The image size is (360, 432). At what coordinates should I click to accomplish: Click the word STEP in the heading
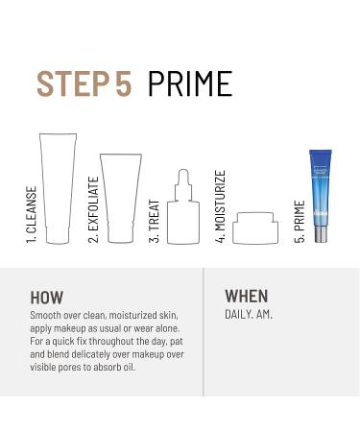pos(75,84)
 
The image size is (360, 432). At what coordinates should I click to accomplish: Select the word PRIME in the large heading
pos(190,84)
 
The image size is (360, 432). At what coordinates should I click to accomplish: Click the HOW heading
pos(48,297)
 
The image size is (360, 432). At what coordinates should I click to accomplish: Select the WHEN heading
pos(247,296)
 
